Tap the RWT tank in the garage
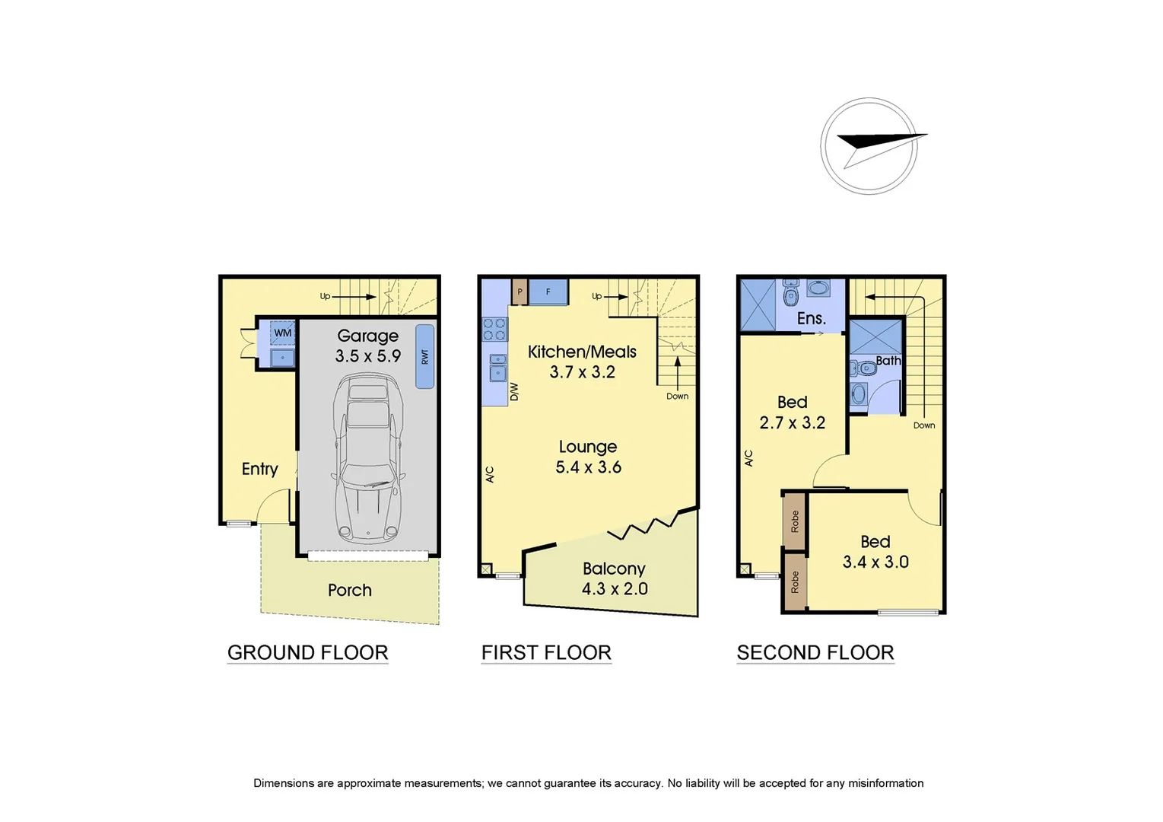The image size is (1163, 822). point(424,356)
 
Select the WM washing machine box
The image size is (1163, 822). point(282,333)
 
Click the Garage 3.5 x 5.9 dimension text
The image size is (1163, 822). point(367,355)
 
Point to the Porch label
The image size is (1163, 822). point(349,590)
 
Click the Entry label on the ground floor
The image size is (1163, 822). point(259,469)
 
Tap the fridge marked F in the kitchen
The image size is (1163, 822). point(548,292)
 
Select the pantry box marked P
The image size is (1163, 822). point(520,292)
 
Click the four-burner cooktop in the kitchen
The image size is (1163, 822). point(494,328)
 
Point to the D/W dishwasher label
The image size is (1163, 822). point(513,391)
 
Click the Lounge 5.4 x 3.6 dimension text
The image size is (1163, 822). point(588,467)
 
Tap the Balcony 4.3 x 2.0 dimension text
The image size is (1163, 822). point(615,588)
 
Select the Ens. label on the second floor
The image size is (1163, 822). point(811,318)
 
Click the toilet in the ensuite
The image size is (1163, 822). point(790,292)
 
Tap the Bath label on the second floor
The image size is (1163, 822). point(888,360)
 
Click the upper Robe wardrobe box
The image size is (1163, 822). point(795,521)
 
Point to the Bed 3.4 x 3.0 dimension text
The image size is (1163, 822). point(875,562)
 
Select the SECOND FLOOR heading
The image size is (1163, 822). point(815,652)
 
